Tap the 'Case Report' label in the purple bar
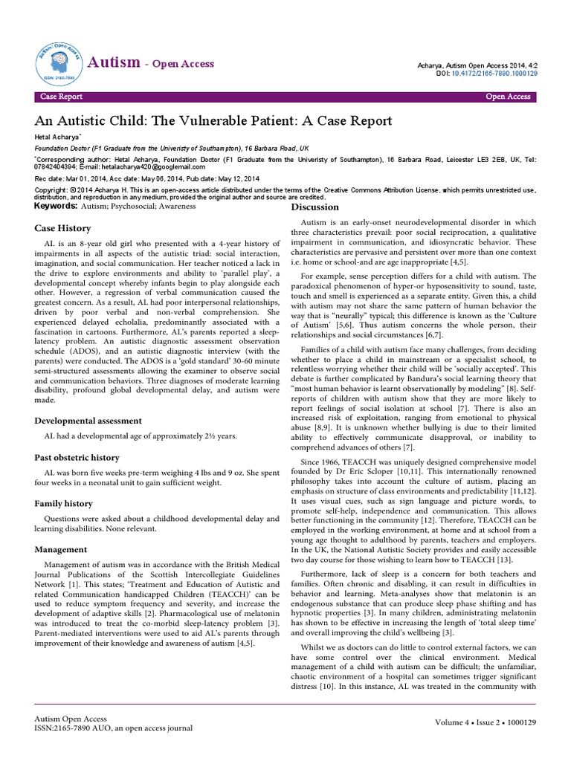pyautogui.click(x=61, y=97)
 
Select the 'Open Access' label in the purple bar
pyautogui.click(x=508, y=97)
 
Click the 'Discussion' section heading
pyautogui.click(x=314, y=207)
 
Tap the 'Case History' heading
pyautogui.click(x=62, y=230)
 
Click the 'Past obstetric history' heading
pyautogui.click(x=77, y=457)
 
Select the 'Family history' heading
pyautogui.click(x=65, y=503)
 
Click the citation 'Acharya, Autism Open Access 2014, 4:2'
pyautogui.click(x=470, y=65)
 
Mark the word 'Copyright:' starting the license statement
pyautogui.click(x=52, y=190)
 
